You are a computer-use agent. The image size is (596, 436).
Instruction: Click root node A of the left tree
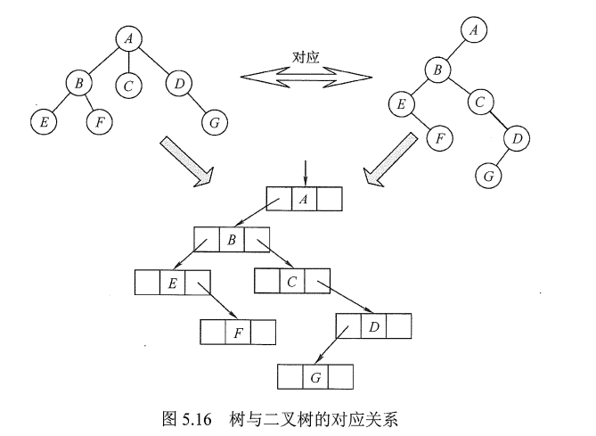129,38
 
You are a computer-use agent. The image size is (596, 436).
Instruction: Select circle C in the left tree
129,86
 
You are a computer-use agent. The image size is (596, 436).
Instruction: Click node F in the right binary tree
438,137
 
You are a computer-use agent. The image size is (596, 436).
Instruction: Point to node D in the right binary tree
516,137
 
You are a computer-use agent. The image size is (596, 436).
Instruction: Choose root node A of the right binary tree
474,30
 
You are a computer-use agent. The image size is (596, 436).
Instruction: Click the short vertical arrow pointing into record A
305,172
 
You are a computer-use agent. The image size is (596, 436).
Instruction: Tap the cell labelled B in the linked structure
232,240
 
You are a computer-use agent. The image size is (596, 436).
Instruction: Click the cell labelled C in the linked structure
292,280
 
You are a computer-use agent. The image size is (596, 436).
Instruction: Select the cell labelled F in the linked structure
238,333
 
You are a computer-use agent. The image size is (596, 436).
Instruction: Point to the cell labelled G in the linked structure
316,375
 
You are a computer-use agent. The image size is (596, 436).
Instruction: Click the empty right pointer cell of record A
330,200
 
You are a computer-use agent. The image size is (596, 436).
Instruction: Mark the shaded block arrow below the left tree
182,160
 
